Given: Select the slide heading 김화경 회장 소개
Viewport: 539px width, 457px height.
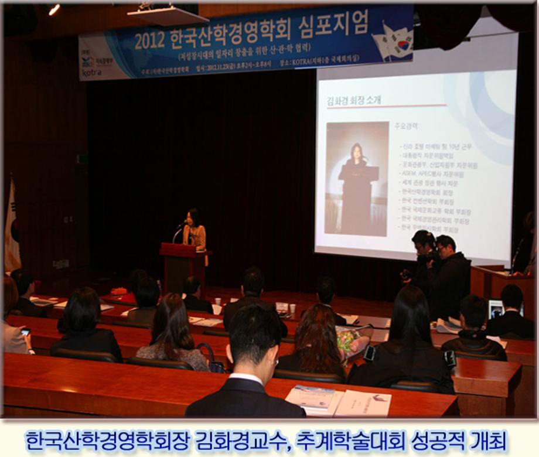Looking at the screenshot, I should pyautogui.click(x=354, y=100).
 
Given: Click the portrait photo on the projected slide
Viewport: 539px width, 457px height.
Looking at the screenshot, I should pyautogui.click(x=357, y=179).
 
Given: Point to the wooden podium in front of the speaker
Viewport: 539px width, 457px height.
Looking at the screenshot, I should pyautogui.click(x=180, y=267).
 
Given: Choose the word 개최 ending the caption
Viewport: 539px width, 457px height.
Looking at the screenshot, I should pyautogui.click(x=488, y=440).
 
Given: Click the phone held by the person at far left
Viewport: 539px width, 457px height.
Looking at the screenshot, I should pyautogui.click(x=25, y=332).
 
